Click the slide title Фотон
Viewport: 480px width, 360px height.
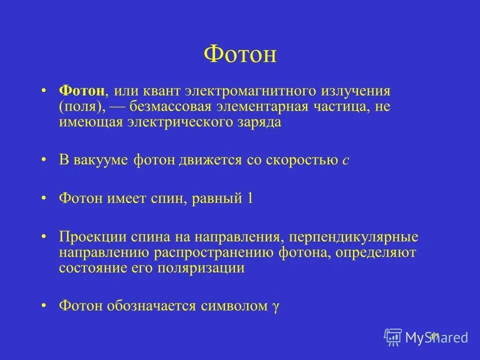coord(240,53)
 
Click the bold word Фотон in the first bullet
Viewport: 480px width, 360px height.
coord(81,91)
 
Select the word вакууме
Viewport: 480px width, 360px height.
coord(102,160)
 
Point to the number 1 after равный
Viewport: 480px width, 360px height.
coord(250,198)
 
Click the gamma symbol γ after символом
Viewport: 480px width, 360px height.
coord(274,306)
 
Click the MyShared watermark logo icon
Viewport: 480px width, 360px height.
coord(393,337)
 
